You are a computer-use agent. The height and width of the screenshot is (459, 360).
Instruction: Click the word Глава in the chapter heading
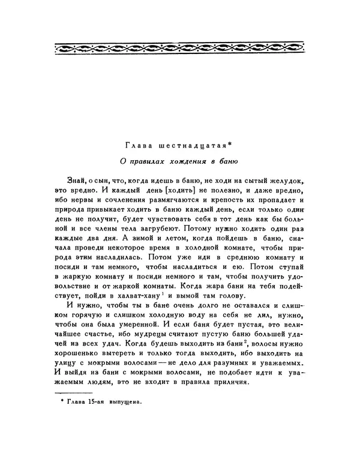(x=137, y=145)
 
